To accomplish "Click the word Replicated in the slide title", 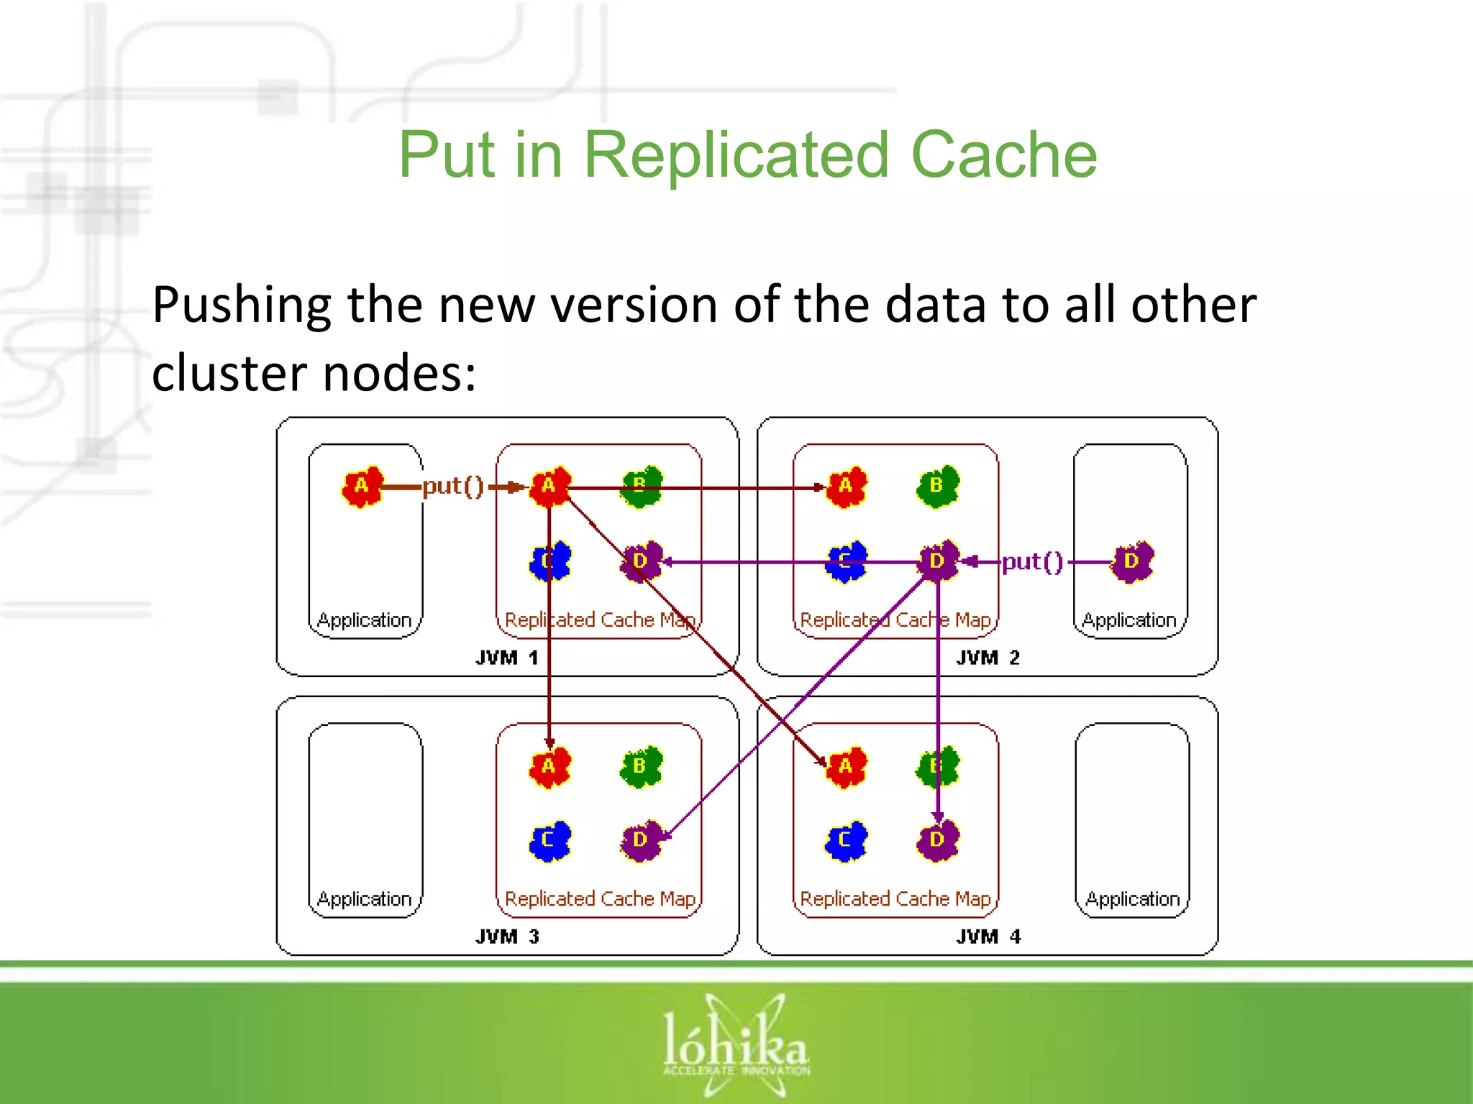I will [x=736, y=155].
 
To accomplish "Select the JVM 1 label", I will [x=507, y=657].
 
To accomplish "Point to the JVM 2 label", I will [x=988, y=657].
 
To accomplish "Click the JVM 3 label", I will [x=507, y=936].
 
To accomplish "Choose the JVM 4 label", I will [x=988, y=936].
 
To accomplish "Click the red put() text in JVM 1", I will [x=453, y=487].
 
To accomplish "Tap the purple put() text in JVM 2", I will [x=1032, y=561].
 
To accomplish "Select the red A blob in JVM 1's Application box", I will [x=362, y=487].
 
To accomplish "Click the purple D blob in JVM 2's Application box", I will [x=1131, y=561].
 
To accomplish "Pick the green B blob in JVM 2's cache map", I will [x=936, y=487].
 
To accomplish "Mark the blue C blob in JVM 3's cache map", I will [x=549, y=839].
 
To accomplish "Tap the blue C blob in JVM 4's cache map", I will [x=845, y=839].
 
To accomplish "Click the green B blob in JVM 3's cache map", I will [x=639, y=766].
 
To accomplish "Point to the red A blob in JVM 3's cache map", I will [x=549, y=767].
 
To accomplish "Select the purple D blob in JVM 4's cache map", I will [x=936, y=839].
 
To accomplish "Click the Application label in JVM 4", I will [x=1132, y=898].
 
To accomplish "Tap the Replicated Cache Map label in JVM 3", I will [x=600, y=898].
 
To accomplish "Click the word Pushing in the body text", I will [x=242, y=305].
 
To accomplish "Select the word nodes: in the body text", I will [x=398, y=373].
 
